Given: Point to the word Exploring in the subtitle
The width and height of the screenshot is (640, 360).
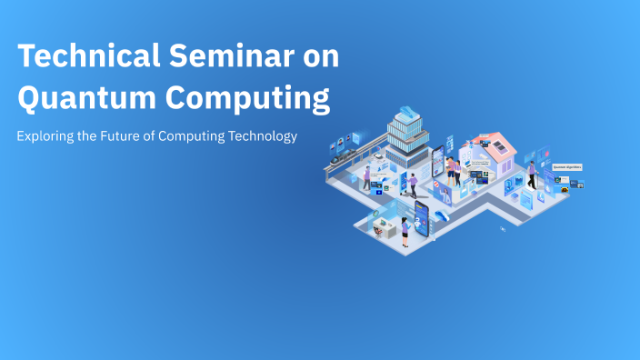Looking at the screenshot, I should [x=46, y=136].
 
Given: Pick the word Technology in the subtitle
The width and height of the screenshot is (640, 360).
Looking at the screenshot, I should [x=263, y=136].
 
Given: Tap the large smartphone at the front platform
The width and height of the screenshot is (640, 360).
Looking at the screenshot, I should [x=422, y=216].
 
